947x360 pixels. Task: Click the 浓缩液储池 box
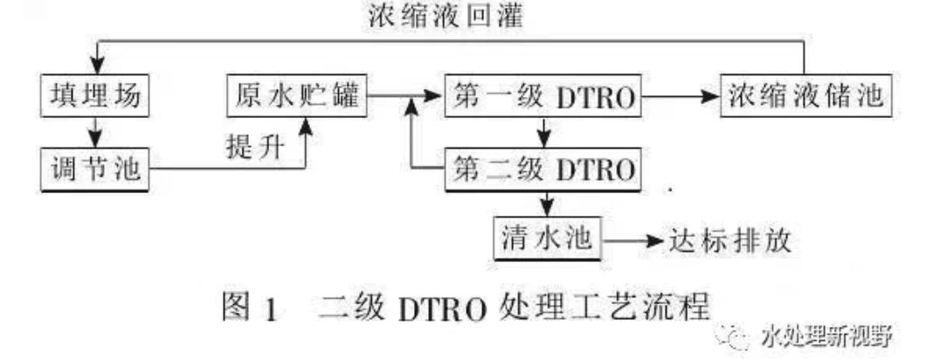click(x=805, y=97)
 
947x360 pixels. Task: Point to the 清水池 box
click(x=548, y=237)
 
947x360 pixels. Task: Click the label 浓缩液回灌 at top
click(x=449, y=17)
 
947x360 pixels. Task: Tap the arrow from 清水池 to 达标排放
click(x=633, y=239)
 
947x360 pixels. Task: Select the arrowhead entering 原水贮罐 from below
click(x=306, y=126)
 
